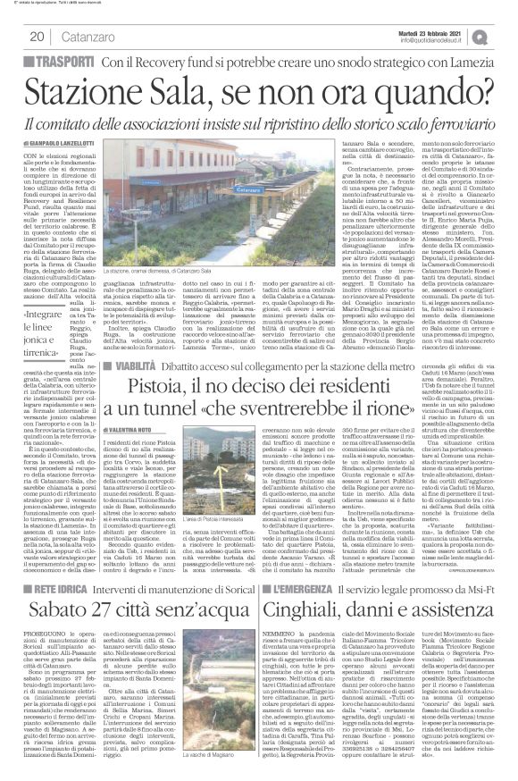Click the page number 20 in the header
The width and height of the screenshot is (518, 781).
[37, 37]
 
